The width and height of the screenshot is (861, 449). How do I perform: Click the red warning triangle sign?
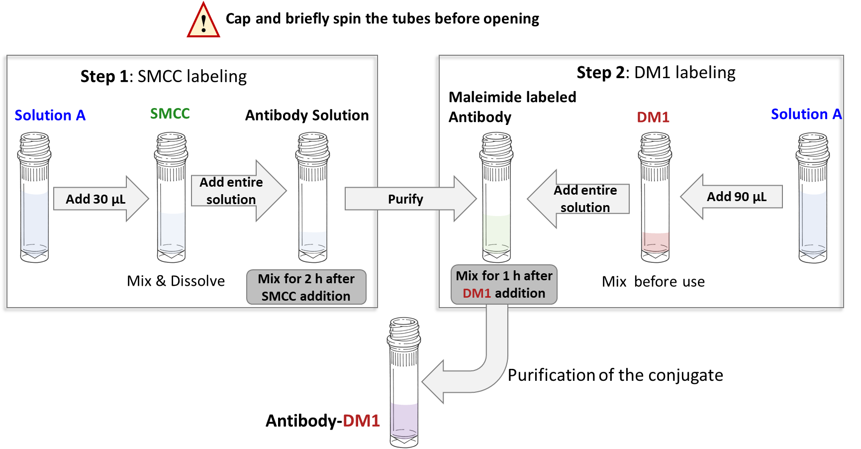coord(203,21)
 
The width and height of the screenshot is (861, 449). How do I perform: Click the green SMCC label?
coord(170,114)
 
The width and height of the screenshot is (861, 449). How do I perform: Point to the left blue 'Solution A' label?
coord(50,115)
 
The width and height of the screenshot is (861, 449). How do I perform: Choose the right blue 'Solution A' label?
coord(806,114)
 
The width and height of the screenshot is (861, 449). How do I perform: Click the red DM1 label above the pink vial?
coord(653,117)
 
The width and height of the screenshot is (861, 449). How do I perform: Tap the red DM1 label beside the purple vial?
coord(361,421)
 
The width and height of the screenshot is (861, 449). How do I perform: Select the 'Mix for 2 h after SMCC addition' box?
coord(306,287)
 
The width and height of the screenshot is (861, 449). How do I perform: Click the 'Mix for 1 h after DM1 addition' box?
coord(504,285)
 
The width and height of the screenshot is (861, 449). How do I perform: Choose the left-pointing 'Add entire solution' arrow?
coord(579,199)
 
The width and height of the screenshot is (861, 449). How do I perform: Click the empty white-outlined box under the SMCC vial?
coord(176,281)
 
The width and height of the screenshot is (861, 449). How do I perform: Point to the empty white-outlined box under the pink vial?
coord(655,281)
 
